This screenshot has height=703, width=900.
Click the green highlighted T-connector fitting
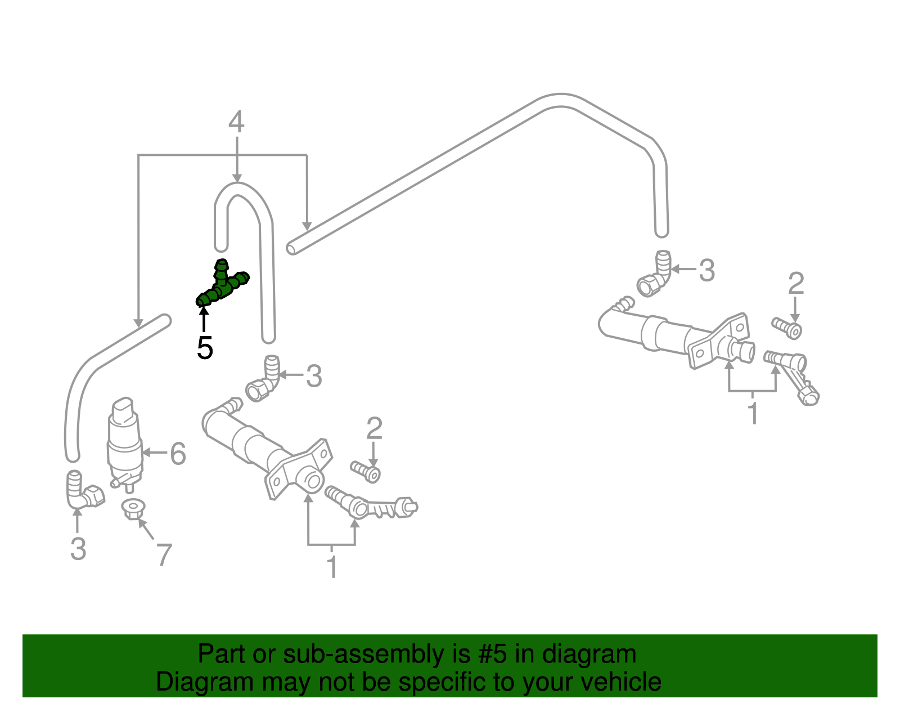(223, 285)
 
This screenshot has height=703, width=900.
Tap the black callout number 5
(205, 348)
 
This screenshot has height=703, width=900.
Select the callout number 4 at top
(236, 122)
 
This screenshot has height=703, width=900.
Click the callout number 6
(178, 454)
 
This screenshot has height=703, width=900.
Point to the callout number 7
(163, 555)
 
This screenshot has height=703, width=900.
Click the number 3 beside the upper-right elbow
(706, 271)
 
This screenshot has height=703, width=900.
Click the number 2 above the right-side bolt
(796, 284)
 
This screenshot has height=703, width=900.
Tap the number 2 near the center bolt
(374, 429)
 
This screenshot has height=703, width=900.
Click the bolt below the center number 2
(366, 471)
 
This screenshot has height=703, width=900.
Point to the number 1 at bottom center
(332, 567)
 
